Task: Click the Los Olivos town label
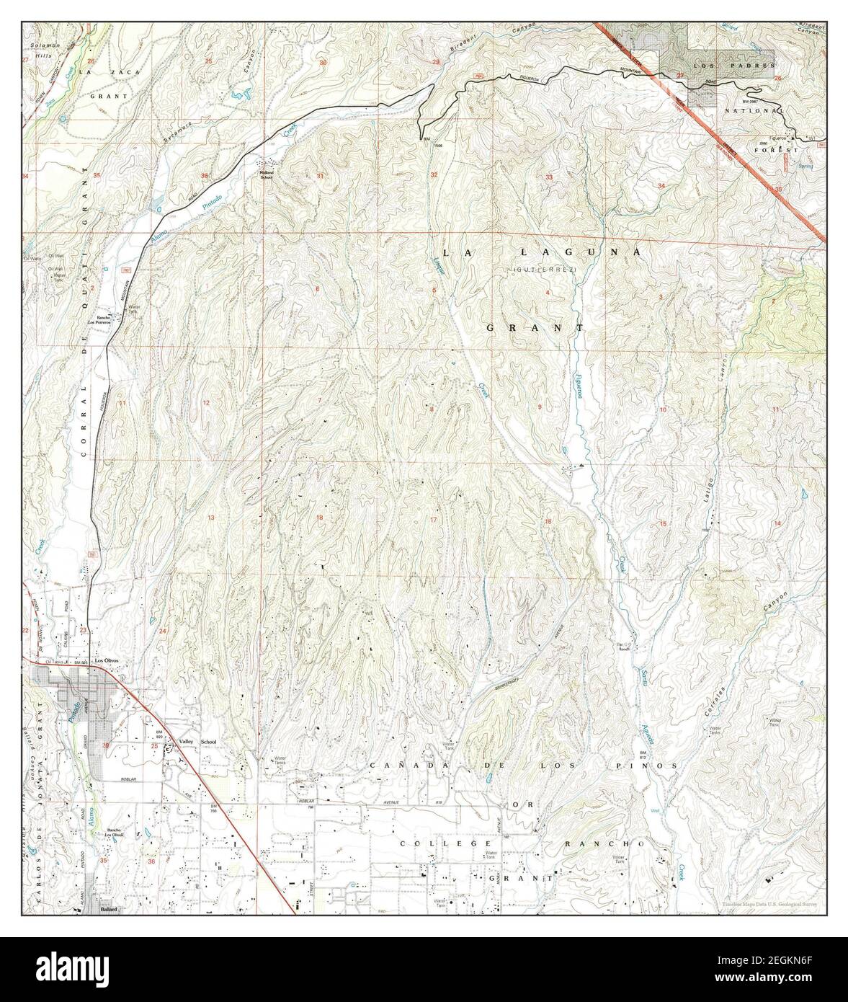click(x=104, y=660)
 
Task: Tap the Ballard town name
click(x=108, y=910)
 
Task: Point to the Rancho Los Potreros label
click(x=99, y=322)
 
